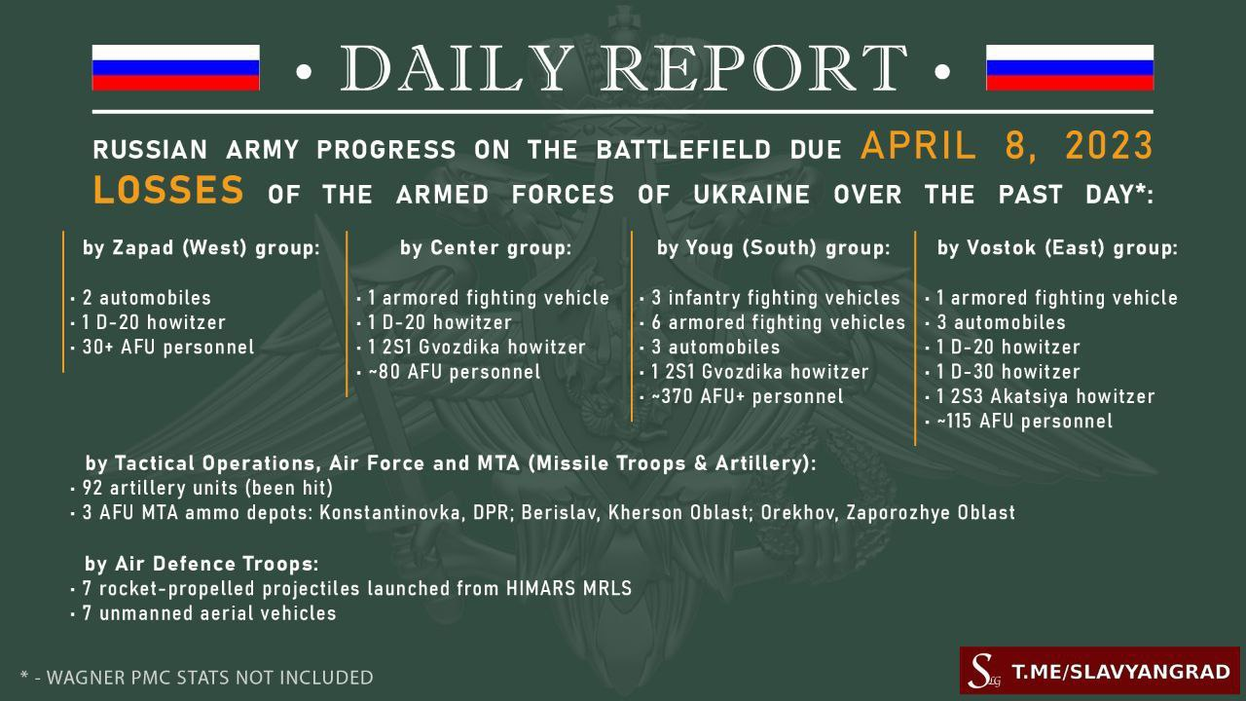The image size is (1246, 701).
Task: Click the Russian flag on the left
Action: pyautogui.click(x=176, y=67)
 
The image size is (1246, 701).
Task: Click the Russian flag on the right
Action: pyautogui.click(x=1070, y=67)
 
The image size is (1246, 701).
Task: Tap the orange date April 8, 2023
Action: pyautogui.click(x=1007, y=146)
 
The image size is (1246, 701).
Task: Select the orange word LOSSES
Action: pyautogui.click(x=168, y=189)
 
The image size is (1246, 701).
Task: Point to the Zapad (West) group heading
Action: pyautogui.click(x=202, y=247)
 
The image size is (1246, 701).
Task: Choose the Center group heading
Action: pyautogui.click(x=486, y=247)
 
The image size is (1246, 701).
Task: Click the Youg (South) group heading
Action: pyautogui.click(x=773, y=247)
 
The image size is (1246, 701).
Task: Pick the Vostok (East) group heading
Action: pyautogui.click(x=1057, y=247)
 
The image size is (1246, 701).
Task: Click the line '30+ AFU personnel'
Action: pyautogui.click(x=168, y=348)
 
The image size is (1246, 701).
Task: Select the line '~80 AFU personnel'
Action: pyautogui.click(x=454, y=372)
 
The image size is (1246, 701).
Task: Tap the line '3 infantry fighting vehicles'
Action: pyautogui.click(x=776, y=298)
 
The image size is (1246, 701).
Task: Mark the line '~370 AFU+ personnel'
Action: pyautogui.click(x=747, y=396)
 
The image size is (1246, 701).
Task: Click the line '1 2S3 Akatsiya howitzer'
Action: pyautogui.click(x=1045, y=396)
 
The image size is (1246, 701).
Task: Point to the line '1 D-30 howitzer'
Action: pyautogui.click(x=1008, y=372)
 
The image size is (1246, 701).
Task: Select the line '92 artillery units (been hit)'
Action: pyautogui.click(x=207, y=488)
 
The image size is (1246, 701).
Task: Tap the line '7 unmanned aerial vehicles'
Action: pyautogui.click(x=209, y=613)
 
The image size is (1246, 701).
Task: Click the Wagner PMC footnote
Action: pyautogui.click(x=197, y=678)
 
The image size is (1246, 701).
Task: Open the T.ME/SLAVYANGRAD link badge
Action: pyautogui.click(x=1100, y=670)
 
